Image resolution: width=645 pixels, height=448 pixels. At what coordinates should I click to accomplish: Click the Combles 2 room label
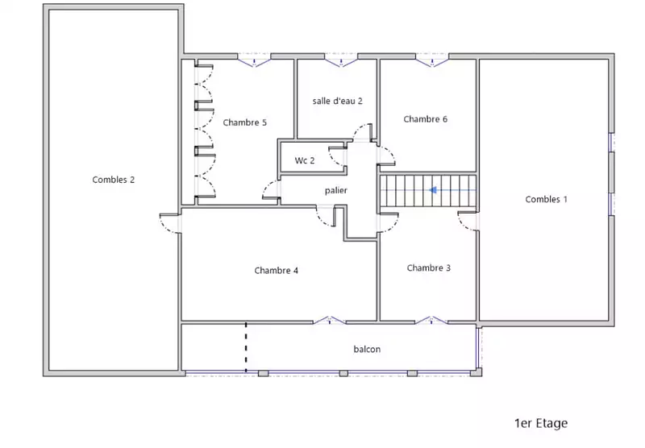113,180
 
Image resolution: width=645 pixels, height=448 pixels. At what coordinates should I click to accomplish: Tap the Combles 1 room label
547,199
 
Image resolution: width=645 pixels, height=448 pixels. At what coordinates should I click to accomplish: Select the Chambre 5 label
245,122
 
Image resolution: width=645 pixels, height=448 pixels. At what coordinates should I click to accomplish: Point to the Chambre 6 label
426,119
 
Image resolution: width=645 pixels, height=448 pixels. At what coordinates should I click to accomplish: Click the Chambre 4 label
276,271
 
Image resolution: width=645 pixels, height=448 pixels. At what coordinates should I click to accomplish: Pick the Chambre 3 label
429,268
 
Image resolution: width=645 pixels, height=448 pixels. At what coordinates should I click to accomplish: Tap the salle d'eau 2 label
337,101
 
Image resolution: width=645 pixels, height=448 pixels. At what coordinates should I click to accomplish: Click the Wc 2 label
305,160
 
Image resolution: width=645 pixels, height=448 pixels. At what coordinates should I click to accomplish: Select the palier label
336,191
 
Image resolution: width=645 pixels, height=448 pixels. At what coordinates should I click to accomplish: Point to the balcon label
367,350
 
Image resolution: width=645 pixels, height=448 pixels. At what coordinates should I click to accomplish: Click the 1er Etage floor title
541,423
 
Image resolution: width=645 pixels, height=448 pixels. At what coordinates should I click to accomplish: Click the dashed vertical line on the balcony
246,347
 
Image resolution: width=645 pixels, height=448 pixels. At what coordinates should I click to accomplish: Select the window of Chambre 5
254,60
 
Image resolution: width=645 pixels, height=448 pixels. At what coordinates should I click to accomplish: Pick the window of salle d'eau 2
341,60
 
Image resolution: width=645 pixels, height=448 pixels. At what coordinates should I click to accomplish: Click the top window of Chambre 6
432,60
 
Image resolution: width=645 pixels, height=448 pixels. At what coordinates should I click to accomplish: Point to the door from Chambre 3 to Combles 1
468,221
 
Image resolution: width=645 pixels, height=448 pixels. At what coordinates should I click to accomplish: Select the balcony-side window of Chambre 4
330,320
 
